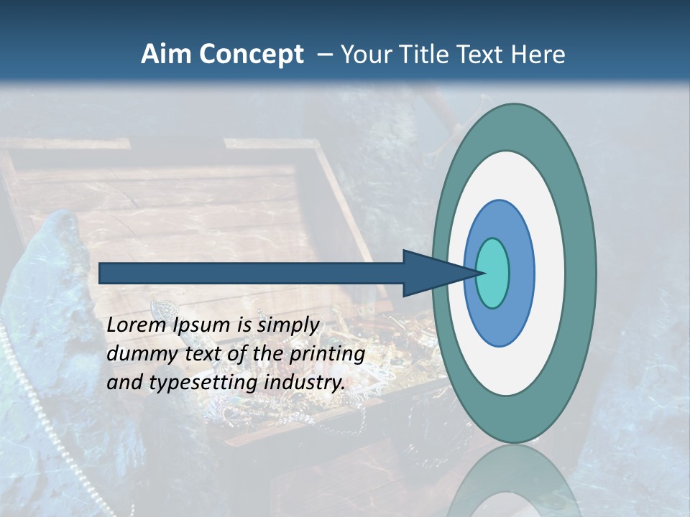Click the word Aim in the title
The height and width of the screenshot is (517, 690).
[166, 55]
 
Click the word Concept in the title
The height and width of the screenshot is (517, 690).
[250, 55]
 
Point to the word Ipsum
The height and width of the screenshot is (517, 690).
[203, 325]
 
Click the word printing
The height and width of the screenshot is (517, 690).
[326, 354]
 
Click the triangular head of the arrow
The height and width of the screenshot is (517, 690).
[431, 273]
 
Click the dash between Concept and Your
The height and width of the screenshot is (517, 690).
[324, 55]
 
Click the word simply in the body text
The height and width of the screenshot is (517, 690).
[287, 325]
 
